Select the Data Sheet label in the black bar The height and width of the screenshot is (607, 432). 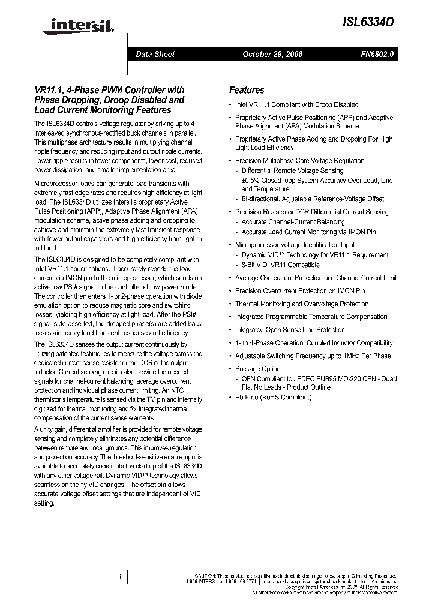pyautogui.click(x=155, y=54)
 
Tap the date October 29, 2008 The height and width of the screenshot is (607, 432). pyautogui.click(x=272, y=54)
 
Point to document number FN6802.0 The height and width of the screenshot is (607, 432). pyautogui.click(x=377, y=54)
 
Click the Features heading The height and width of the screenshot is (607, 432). pyautogui.click(x=247, y=90)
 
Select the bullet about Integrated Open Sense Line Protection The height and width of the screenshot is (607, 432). pyautogui.click(x=290, y=330)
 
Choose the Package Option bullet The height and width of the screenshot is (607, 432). pyautogui.click(x=257, y=369)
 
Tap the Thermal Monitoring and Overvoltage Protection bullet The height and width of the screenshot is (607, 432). pyautogui.click(x=301, y=303)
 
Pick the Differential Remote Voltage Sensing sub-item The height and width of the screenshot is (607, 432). pyautogui.click(x=292, y=170)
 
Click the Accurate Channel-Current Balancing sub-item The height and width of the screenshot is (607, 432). pyautogui.click(x=293, y=222)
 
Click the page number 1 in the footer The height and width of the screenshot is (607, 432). pyautogui.click(x=121, y=576)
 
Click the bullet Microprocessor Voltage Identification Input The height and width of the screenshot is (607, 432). pyautogui.click(x=295, y=245)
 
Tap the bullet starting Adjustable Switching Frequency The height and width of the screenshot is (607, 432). pyautogui.click(x=313, y=356)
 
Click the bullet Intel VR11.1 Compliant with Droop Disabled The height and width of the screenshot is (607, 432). pyautogui.click(x=296, y=104)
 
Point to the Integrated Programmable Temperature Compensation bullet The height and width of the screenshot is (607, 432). pyautogui.click(x=311, y=317)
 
